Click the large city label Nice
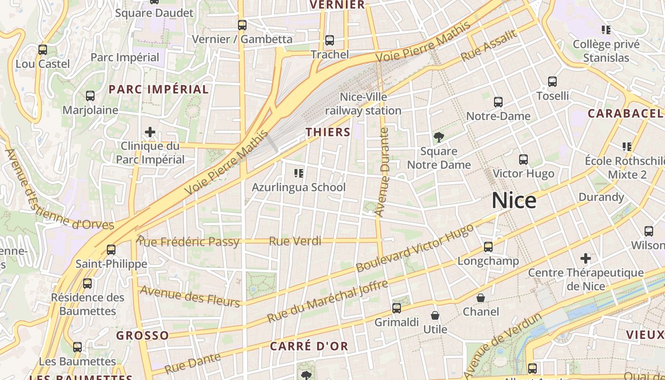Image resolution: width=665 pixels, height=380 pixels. click(x=514, y=200)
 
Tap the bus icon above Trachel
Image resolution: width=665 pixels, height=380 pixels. click(x=329, y=40)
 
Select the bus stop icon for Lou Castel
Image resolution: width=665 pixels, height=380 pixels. click(x=43, y=49)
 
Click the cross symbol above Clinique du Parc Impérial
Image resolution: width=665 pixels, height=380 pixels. click(x=150, y=132)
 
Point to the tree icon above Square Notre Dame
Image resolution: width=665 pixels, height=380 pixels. click(x=438, y=137)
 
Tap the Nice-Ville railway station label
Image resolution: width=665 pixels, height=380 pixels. click(x=363, y=104)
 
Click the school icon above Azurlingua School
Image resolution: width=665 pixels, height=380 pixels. click(x=299, y=173)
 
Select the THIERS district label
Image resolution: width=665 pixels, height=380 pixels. click(x=328, y=132)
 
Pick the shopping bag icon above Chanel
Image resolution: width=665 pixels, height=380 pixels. click(x=481, y=298)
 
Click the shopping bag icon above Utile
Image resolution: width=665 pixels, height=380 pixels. click(x=435, y=315)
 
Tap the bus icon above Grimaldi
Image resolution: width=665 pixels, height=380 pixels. click(x=397, y=308)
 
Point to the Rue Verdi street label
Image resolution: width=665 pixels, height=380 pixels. click(x=295, y=241)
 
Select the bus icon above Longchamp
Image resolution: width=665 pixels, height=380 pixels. click(x=488, y=247)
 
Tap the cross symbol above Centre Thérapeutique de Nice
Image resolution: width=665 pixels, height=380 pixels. click(x=586, y=258)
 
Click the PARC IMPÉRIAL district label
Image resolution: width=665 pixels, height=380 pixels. click(x=159, y=89)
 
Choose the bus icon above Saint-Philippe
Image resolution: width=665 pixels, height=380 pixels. click(x=111, y=249)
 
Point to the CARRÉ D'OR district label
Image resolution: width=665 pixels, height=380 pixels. click(x=309, y=346)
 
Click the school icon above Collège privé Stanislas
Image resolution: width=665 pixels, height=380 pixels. click(x=606, y=30)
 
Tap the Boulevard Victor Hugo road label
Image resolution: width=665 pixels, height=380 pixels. click(x=415, y=248)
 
